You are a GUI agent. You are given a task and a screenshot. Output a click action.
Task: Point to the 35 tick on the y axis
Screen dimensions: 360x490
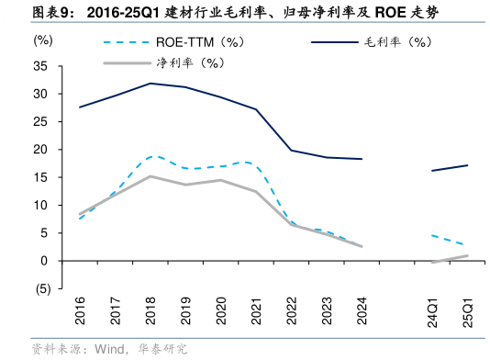[x=42, y=66]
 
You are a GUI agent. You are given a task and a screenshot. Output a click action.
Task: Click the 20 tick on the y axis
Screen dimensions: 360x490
[x=42, y=150]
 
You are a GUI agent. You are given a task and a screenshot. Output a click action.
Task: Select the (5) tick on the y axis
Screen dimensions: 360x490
[x=42, y=288]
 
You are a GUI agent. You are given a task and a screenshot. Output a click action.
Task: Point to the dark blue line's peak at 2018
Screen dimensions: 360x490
[x=150, y=84]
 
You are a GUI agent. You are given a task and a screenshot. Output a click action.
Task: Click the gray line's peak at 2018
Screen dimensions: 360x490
[x=150, y=176]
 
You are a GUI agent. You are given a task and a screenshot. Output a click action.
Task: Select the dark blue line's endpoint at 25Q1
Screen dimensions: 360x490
[x=467, y=165]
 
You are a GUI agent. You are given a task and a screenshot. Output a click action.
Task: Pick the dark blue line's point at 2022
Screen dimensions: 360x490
[x=291, y=151]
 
